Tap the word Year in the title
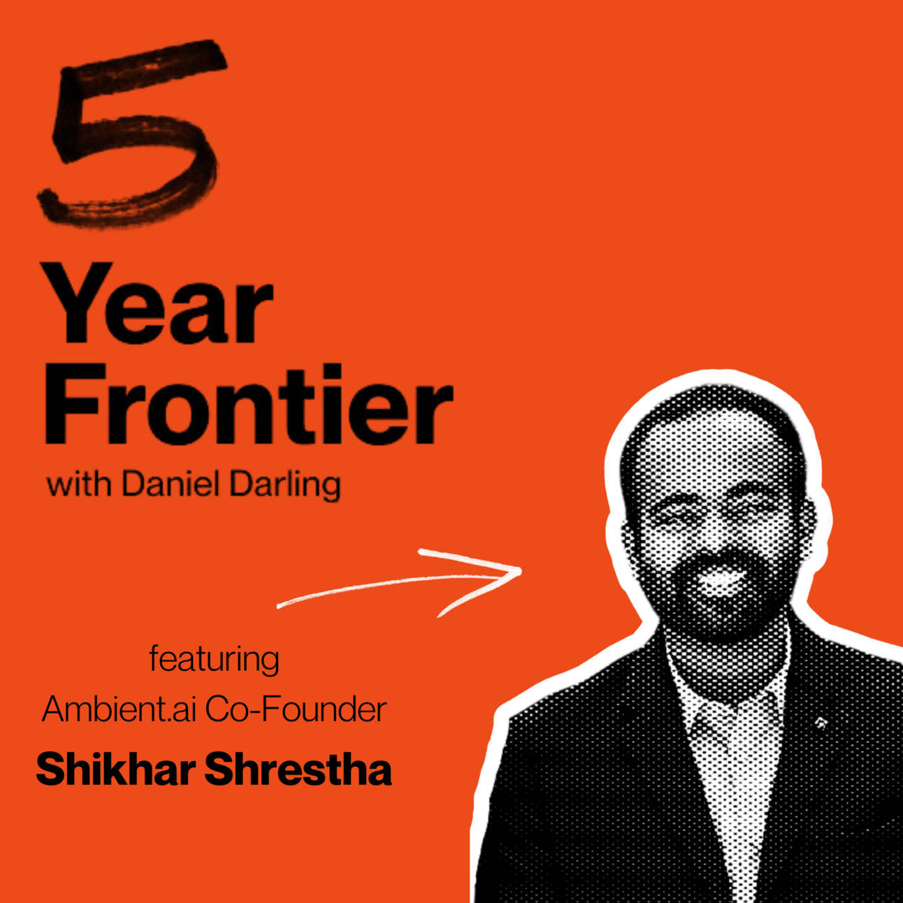[x=158, y=303]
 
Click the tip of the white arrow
[x=521, y=570]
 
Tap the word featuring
[x=214, y=660]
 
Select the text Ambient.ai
[x=119, y=709]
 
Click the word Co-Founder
[x=296, y=709]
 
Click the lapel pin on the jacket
[x=821, y=723]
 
